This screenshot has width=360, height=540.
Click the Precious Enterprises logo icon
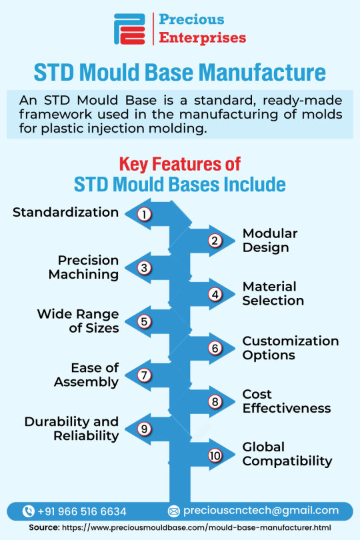click(x=129, y=29)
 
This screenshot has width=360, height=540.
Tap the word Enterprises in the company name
click(x=203, y=38)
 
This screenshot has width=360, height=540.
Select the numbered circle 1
click(x=145, y=214)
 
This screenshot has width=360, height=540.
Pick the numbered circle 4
click(x=215, y=295)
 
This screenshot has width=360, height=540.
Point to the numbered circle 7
click(x=145, y=375)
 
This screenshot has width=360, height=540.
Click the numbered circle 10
click(x=215, y=455)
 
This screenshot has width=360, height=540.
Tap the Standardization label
click(x=66, y=212)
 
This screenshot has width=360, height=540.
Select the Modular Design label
click(x=270, y=241)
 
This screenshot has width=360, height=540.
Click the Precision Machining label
click(x=84, y=267)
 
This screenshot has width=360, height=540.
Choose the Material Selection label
click(x=273, y=293)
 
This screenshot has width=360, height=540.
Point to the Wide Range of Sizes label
click(x=78, y=321)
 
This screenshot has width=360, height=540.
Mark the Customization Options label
click(x=291, y=348)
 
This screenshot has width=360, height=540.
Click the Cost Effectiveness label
click(x=287, y=401)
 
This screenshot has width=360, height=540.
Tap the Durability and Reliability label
click(x=71, y=429)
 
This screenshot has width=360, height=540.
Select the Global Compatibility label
click(x=287, y=454)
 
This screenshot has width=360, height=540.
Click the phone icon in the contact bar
click(x=28, y=511)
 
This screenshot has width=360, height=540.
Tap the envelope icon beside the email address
click(x=174, y=511)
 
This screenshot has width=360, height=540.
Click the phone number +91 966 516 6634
click(x=82, y=511)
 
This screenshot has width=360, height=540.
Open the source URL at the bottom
click(x=197, y=527)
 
